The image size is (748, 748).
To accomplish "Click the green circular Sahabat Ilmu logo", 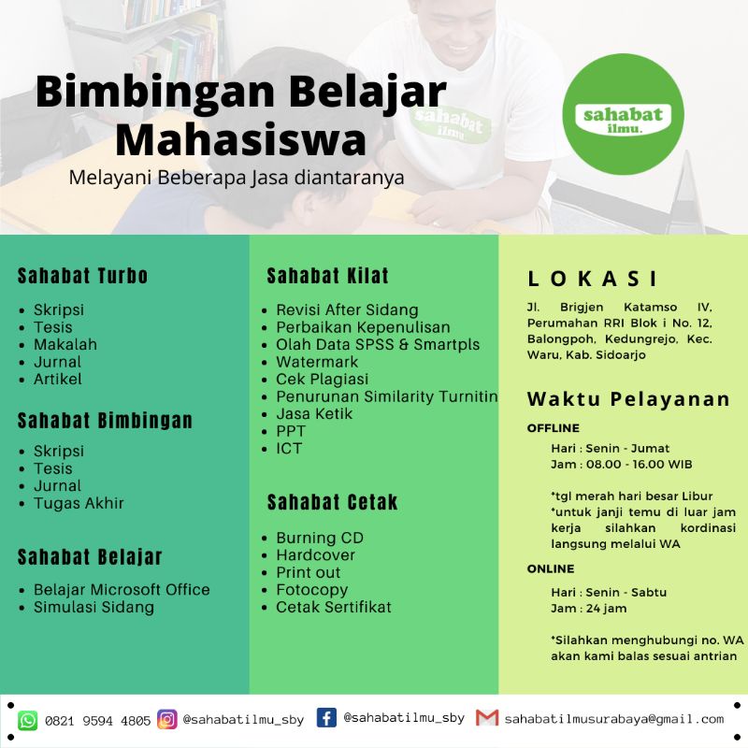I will (x=624, y=114).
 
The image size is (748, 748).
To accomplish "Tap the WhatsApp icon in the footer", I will (x=28, y=720).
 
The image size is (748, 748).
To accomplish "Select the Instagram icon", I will (x=167, y=719).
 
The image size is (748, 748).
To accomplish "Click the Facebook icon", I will (x=326, y=718).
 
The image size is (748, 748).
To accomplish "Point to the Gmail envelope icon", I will (x=486, y=718).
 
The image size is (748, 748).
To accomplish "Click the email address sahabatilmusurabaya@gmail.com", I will (x=613, y=719).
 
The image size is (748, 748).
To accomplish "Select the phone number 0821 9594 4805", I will (x=97, y=721).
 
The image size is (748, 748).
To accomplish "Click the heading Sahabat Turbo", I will (x=83, y=276).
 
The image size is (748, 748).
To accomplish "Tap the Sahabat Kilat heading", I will (x=327, y=276).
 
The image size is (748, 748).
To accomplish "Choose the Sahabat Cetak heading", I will (x=332, y=502).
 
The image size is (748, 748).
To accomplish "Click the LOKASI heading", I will (x=593, y=279).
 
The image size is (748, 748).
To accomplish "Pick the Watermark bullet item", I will (x=317, y=362).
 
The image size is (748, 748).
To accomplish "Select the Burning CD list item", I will (x=320, y=538).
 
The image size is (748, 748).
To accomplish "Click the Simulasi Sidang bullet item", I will (x=93, y=607).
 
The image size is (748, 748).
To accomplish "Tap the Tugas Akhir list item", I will (x=79, y=503).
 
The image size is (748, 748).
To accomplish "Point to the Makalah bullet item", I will (x=65, y=344).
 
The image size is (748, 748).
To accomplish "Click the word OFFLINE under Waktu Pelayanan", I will (x=554, y=428).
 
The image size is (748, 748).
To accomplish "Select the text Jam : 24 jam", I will (x=589, y=609).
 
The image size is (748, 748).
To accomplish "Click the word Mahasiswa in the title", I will (x=246, y=140).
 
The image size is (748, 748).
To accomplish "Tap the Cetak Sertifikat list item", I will (x=334, y=607).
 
